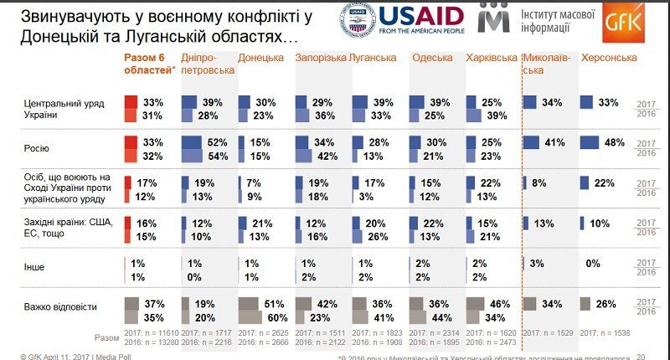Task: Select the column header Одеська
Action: [x=432, y=58]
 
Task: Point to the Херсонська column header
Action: [x=609, y=58]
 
